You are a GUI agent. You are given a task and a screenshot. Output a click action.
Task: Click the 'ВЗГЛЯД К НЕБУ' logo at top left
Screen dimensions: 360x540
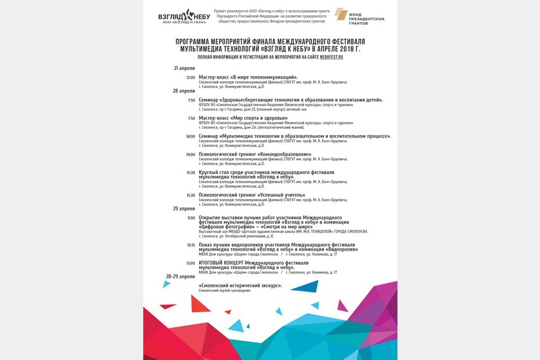184,16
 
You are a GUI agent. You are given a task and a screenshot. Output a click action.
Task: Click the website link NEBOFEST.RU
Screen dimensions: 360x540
331,57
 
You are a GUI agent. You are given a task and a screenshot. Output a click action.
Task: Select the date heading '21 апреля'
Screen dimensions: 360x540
184,68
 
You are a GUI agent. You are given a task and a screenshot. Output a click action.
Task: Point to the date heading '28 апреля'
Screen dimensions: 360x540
184,90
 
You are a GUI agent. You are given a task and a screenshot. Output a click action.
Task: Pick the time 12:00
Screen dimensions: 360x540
190,77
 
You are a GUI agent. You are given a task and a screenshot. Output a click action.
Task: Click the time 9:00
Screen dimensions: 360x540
191,218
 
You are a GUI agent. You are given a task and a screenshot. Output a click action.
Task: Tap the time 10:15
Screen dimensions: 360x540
190,245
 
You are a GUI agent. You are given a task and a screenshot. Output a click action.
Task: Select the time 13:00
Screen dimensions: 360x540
190,263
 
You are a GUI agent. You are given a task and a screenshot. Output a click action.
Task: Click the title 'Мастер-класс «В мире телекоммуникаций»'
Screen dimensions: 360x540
248,77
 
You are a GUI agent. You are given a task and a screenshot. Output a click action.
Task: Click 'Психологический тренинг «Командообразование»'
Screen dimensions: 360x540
255,154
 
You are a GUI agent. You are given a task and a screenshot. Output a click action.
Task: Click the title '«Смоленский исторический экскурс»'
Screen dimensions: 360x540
240,285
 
